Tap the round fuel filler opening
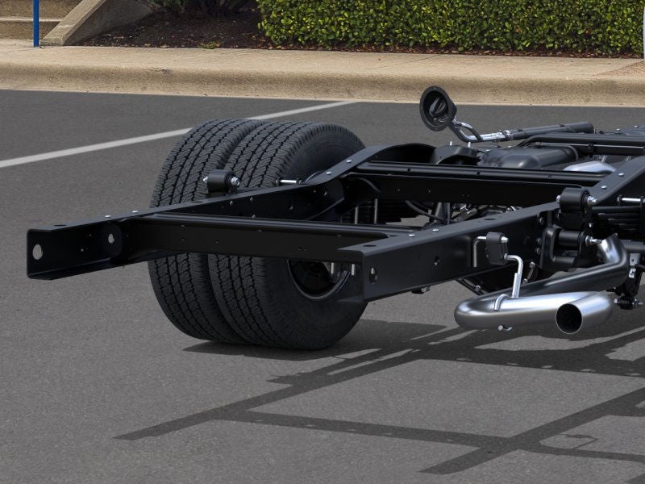[x=437, y=107]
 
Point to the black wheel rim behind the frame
[x=318, y=278]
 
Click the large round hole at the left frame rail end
[x=37, y=251]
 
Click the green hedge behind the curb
[x=451, y=24]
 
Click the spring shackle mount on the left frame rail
[x=220, y=181]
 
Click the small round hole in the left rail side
[x=110, y=239]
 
